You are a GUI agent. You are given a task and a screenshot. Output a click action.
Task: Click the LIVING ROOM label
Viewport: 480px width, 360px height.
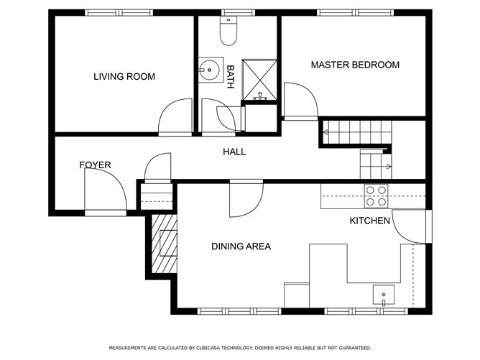tap(124, 76)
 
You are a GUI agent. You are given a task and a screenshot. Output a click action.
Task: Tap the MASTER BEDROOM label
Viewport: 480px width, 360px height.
tap(354, 65)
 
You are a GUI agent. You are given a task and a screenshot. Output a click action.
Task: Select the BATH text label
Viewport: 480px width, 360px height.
tap(230, 77)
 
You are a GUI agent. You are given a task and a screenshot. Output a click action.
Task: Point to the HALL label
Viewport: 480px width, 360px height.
tap(234, 152)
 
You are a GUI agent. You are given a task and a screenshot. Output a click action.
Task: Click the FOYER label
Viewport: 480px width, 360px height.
tap(95, 165)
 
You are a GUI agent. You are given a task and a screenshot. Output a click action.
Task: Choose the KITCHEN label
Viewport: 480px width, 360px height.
tap(369, 221)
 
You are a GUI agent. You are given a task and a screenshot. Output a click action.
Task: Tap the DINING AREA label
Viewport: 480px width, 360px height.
tap(241, 246)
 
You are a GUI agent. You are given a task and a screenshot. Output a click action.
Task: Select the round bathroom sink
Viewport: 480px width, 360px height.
tap(209, 70)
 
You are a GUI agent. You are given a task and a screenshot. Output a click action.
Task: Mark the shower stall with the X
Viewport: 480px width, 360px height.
tap(259, 79)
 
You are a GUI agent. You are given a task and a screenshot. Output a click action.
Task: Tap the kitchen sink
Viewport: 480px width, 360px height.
tap(383, 294)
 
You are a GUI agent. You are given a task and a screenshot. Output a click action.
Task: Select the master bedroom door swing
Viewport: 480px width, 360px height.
tap(299, 101)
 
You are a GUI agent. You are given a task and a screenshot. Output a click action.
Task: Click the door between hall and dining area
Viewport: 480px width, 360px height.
tap(246, 199)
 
